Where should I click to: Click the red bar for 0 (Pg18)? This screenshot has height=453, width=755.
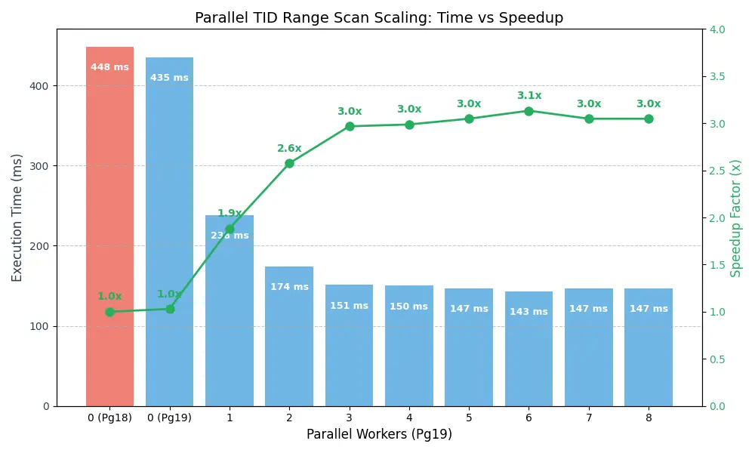tap(109, 226)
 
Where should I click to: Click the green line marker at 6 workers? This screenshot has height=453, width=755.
tap(528, 111)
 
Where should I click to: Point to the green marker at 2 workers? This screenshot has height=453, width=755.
tap(289, 163)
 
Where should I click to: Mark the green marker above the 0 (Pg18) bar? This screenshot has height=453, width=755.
tap(109, 312)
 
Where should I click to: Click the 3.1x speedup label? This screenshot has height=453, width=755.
tap(528, 96)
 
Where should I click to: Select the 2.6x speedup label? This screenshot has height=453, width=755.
tap(289, 149)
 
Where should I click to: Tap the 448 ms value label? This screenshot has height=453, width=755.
tap(109, 67)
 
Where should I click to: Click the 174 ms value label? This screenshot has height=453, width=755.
tap(289, 287)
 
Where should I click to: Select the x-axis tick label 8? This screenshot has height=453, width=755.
tap(649, 418)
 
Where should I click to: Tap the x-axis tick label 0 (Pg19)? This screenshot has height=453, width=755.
tap(169, 418)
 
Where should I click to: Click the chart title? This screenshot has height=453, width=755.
tap(379, 18)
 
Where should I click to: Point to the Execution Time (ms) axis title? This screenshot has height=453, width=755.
tap(17, 217)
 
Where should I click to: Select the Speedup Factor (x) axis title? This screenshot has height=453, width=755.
tap(736, 217)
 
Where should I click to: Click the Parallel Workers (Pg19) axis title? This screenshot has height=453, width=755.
tap(379, 434)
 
